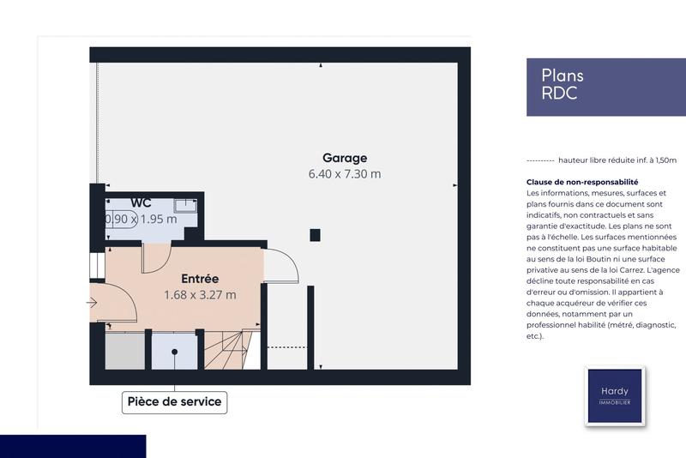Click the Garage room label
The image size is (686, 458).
tap(345, 158)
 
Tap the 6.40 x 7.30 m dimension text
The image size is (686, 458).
tap(345, 174)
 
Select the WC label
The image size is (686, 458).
tap(141, 202)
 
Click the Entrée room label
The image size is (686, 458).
tap(200, 279)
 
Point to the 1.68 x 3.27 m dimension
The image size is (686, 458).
tap(200, 295)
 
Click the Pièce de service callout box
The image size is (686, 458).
tap(174, 401)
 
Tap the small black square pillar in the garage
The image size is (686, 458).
tap(315, 234)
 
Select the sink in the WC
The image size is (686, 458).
tap(185, 205)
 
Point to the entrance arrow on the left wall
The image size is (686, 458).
tap(92, 302)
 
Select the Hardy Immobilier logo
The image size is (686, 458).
tap(614, 396)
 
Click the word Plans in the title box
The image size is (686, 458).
tap(563, 75)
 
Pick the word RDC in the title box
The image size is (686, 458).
tap(559, 94)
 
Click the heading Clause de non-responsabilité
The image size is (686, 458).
tap(582, 183)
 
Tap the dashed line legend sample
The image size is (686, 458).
tap(539, 160)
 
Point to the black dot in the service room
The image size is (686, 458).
tap(175, 351)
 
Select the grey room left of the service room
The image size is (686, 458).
tap(125, 352)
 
